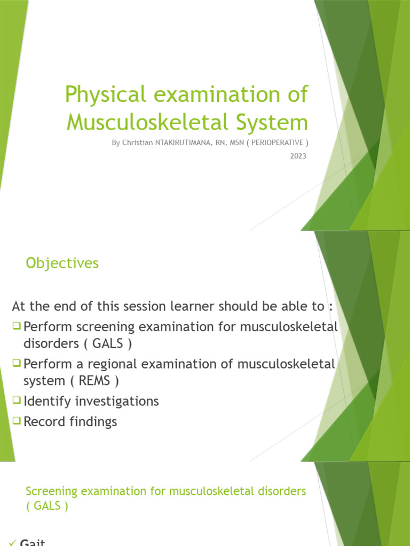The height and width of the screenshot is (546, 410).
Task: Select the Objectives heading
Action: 62,263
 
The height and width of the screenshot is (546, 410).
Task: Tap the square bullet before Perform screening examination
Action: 17,325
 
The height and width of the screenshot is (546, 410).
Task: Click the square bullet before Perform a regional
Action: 17,364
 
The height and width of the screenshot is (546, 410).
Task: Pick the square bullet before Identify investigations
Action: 17,400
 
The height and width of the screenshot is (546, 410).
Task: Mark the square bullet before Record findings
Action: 17,421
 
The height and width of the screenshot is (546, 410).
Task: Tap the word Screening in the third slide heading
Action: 51,491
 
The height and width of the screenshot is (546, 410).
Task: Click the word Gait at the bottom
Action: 33,542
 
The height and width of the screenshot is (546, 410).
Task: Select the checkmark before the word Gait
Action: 13,542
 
